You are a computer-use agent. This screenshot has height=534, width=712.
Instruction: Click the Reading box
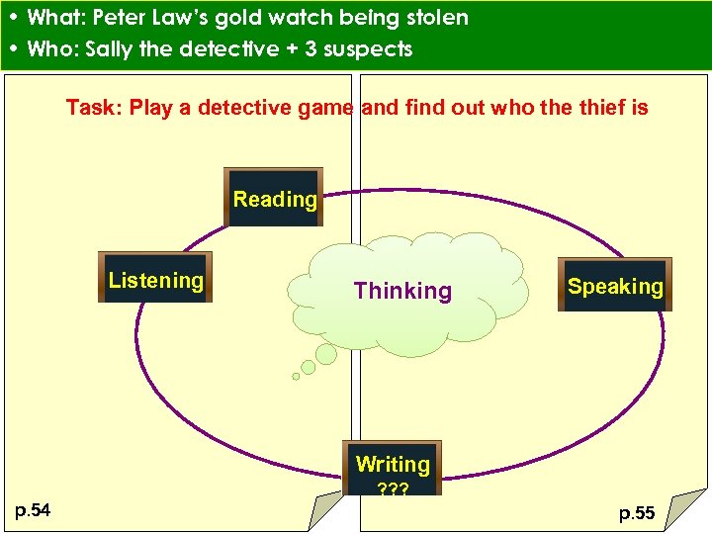tap(274, 199)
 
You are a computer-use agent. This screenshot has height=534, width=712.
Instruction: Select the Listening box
tap(155, 281)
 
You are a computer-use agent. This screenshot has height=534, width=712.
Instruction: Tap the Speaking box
tap(615, 286)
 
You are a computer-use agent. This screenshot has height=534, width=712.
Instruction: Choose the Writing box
tap(393, 464)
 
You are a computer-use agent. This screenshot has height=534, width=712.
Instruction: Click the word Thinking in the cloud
tap(402, 291)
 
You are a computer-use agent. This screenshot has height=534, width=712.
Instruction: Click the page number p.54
tap(34, 509)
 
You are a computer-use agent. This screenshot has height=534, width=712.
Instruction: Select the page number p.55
tap(637, 513)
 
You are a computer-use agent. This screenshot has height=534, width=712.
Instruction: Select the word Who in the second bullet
tap(49, 48)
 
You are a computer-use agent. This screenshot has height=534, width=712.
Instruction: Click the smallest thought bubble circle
tap(296, 376)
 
